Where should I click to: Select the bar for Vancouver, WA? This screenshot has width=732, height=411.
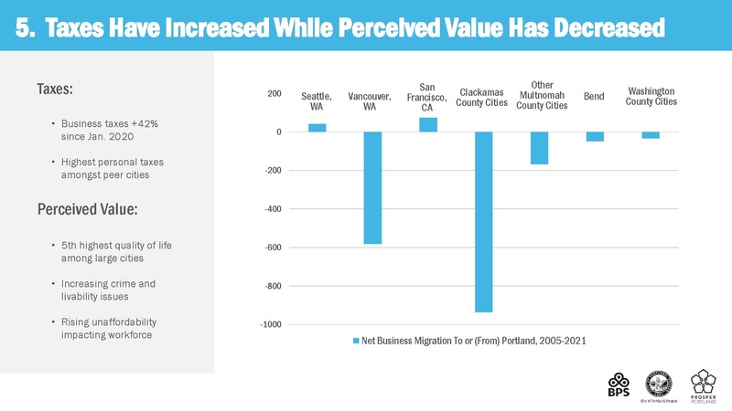click(372, 188)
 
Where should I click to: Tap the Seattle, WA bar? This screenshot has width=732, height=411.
click(318, 128)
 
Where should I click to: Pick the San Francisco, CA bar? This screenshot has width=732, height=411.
click(428, 125)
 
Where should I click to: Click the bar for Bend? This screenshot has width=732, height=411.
click(595, 137)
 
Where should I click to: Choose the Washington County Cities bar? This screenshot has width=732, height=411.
click(651, 135)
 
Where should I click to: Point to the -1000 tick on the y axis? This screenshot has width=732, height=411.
click(270, 325)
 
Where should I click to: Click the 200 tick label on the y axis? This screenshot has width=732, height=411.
click(274, 94)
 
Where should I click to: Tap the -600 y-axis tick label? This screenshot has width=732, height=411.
click(272, 248)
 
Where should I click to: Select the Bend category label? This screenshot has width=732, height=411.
click(595, 96)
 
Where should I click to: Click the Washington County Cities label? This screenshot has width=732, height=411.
click(651, 96)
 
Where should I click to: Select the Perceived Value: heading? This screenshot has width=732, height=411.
click(87, 210)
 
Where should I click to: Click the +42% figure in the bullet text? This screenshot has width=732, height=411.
click(135, 123)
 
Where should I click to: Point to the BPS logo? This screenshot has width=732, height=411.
click(619, 384)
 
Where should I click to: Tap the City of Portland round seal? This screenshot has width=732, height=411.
click(660, 381)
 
